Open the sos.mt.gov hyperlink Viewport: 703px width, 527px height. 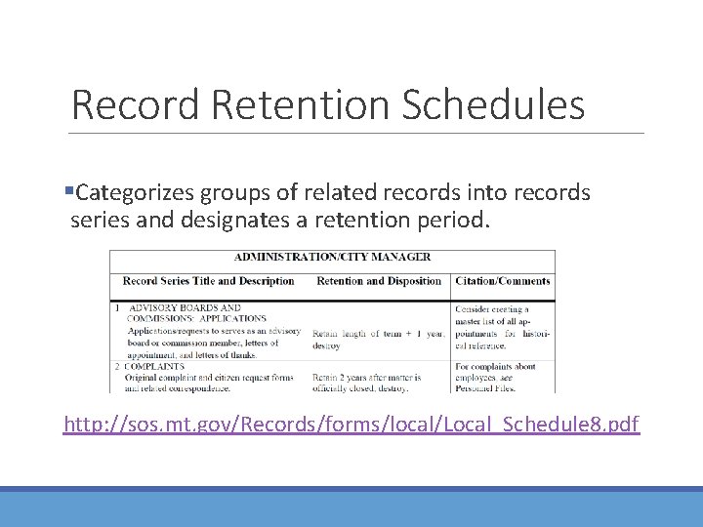[351, 424]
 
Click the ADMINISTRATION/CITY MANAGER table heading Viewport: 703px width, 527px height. [332, 258]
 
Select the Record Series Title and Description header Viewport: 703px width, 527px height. [208, 281]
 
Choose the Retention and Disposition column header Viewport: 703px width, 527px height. [379, 281]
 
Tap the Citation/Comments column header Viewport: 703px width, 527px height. [502, 281]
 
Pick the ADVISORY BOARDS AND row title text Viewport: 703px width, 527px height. [185, 307]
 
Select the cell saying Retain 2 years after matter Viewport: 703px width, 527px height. [366, 377]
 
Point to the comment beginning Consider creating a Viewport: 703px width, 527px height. [491, 308]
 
